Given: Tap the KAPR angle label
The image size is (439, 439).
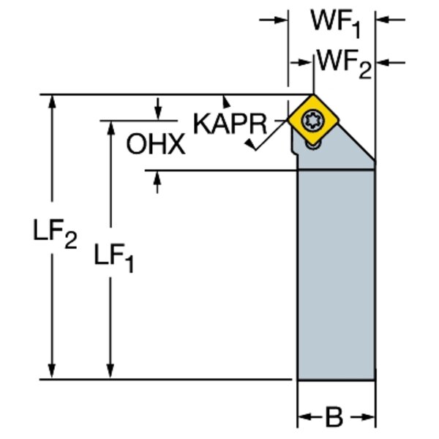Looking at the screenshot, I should [x=229, y=124].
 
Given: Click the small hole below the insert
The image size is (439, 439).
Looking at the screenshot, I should [x=312, y=146].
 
